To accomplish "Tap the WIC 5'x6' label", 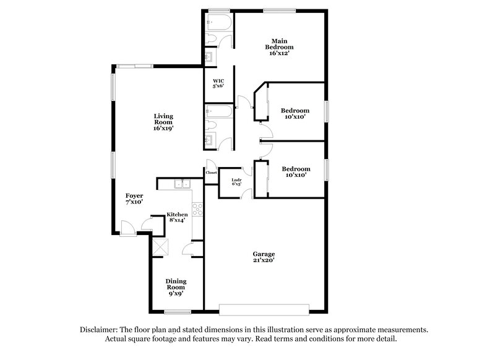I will pyautogui.click(x=218, y=84).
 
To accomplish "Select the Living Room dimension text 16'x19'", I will pyautogui.click(x=163, y=129).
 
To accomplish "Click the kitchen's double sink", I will pyautogui.click(x=182, y=184).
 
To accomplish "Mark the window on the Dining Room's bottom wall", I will pyautogui.click(x=176, y=310).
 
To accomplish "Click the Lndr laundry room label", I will pyautogui.click(x=236, y=181).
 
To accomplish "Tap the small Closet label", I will pyautogui.click(x=211, y=173).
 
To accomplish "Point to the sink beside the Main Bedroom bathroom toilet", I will pyautogui.click(x=210, y=58).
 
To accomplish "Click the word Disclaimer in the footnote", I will pyautogui.click(x=99, y=330).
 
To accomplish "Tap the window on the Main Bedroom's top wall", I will pyautogui.click(x=270, y=9).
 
